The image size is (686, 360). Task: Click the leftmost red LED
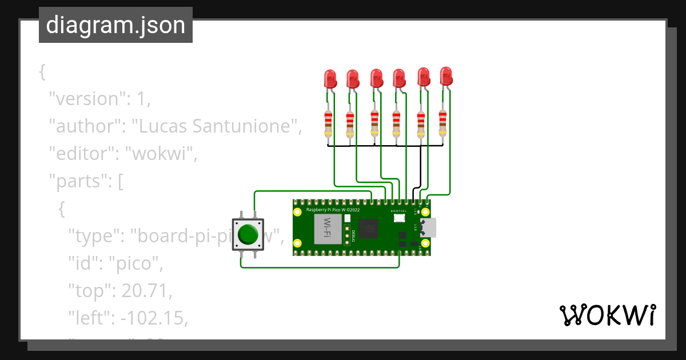coord(330,78)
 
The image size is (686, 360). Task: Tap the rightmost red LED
coord(446,75)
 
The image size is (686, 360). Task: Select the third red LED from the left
coord(376,78)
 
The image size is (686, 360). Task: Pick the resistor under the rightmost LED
coord(442,123)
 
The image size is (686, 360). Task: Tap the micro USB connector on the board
coord(429,227)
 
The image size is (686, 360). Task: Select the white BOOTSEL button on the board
coord(399,218)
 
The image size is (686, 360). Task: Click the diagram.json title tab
coord(115,25)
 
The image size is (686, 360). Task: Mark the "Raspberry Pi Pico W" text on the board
coord(333,210)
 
